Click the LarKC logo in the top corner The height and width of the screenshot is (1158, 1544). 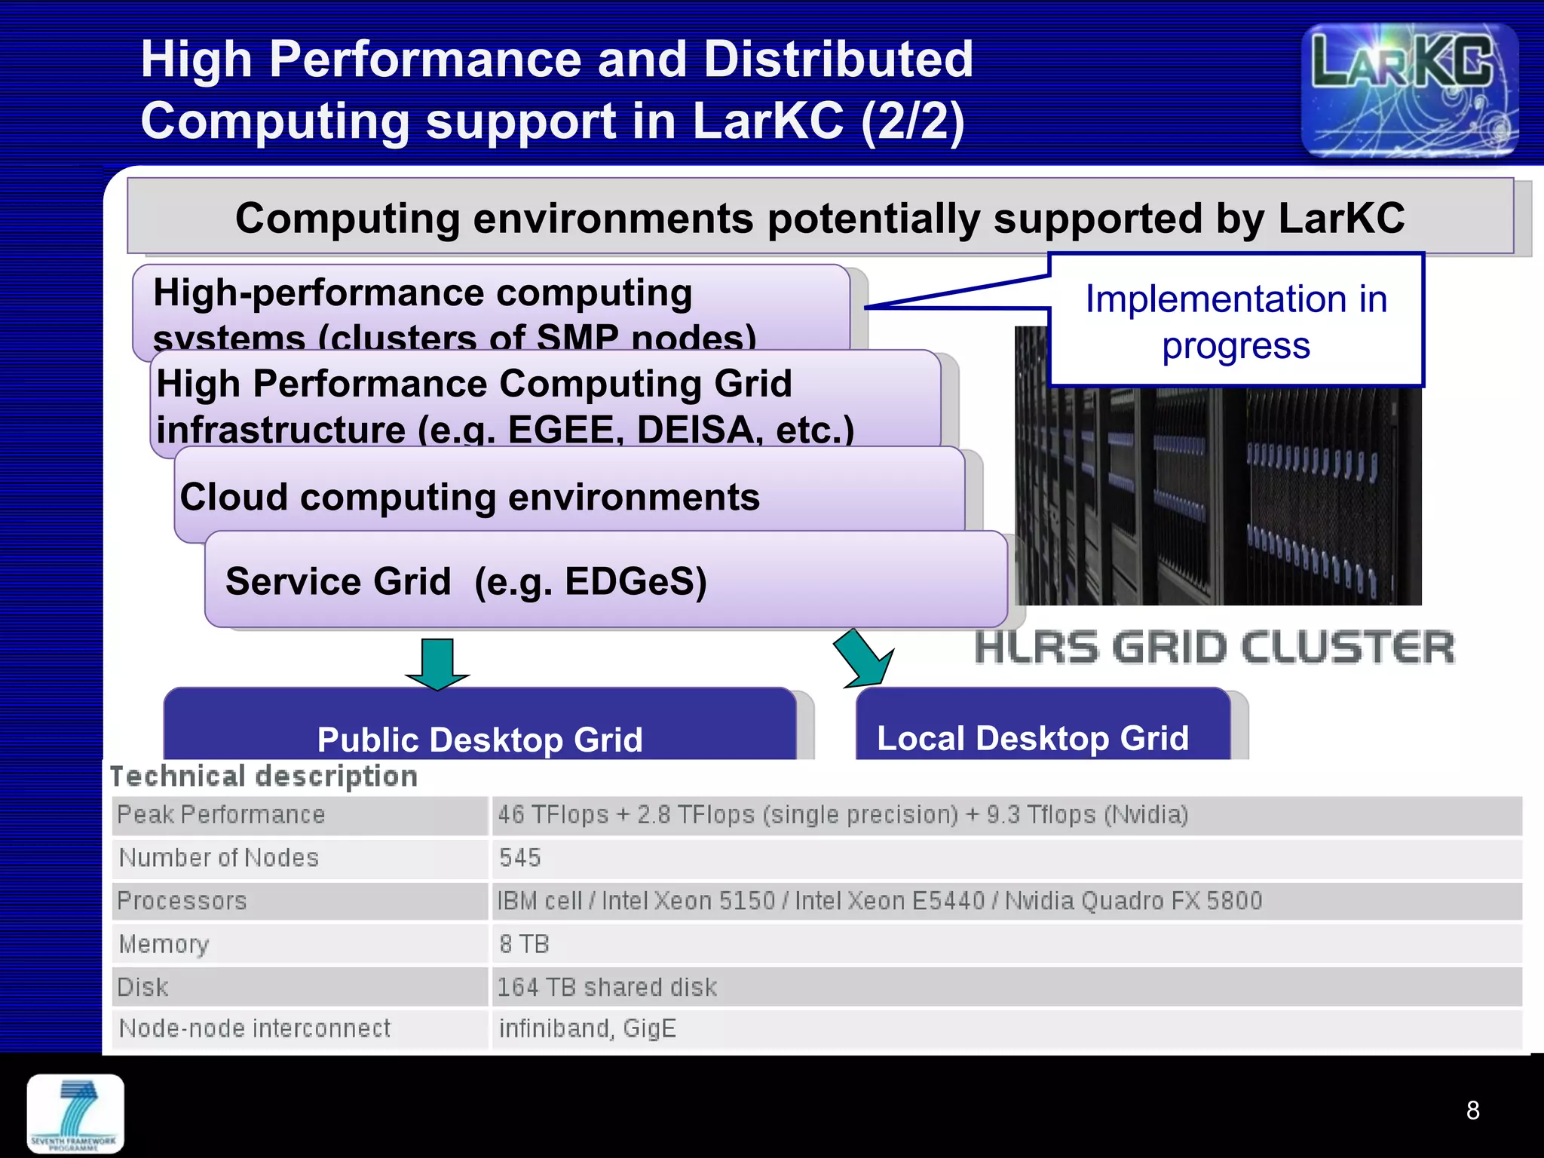[1409, 90]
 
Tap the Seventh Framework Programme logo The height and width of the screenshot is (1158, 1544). [75, 1114]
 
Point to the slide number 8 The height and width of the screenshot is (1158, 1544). [1472, 1111]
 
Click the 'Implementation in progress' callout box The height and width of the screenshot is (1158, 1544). [1236, 321]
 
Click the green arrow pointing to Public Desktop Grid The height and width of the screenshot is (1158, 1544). [437, 663]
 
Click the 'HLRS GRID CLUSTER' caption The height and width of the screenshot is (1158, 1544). [1214, 648]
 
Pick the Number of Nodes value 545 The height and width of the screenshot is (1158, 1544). [520, 858]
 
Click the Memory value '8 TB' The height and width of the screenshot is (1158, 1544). [524, 944]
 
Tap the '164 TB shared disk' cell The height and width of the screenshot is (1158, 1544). [607, 987]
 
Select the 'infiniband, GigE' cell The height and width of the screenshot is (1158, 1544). [587, 1028]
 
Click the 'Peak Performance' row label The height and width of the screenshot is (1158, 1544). [221, 815]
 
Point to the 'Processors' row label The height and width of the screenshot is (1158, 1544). [182, 901]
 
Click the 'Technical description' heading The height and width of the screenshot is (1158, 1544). [264, 777]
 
